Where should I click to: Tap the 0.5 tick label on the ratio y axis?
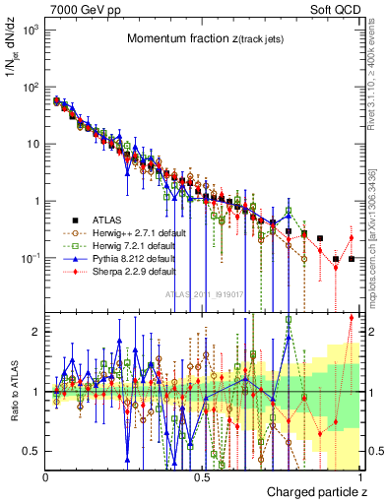[x=32, y=451]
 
